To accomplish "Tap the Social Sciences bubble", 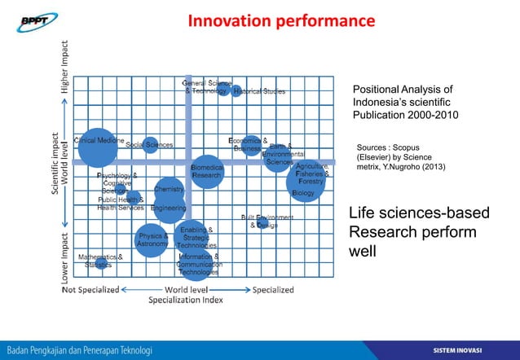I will pyautogui.click(x=150, y=145).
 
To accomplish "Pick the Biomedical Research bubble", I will pyautogui.click(x=207, y=171).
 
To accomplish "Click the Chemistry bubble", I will pyautogui.click(x=169, y=190).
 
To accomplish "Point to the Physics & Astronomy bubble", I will pyautogui.click(x=152, y=240).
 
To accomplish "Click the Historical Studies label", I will pyautogui.click(x=259, y=91).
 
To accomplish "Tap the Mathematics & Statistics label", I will pyautogui.click(x=99, y=261).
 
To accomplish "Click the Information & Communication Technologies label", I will pyautogui.click(x=199, y=265).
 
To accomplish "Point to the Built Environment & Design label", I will pyautogui.click(x=267, y=222).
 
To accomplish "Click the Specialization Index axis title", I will pyautogui.click(x=185, y=300).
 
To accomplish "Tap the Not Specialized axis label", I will pyautogui.click(x=91, y=289).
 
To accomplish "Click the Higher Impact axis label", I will pyautogui.click(x=67, y=66).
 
